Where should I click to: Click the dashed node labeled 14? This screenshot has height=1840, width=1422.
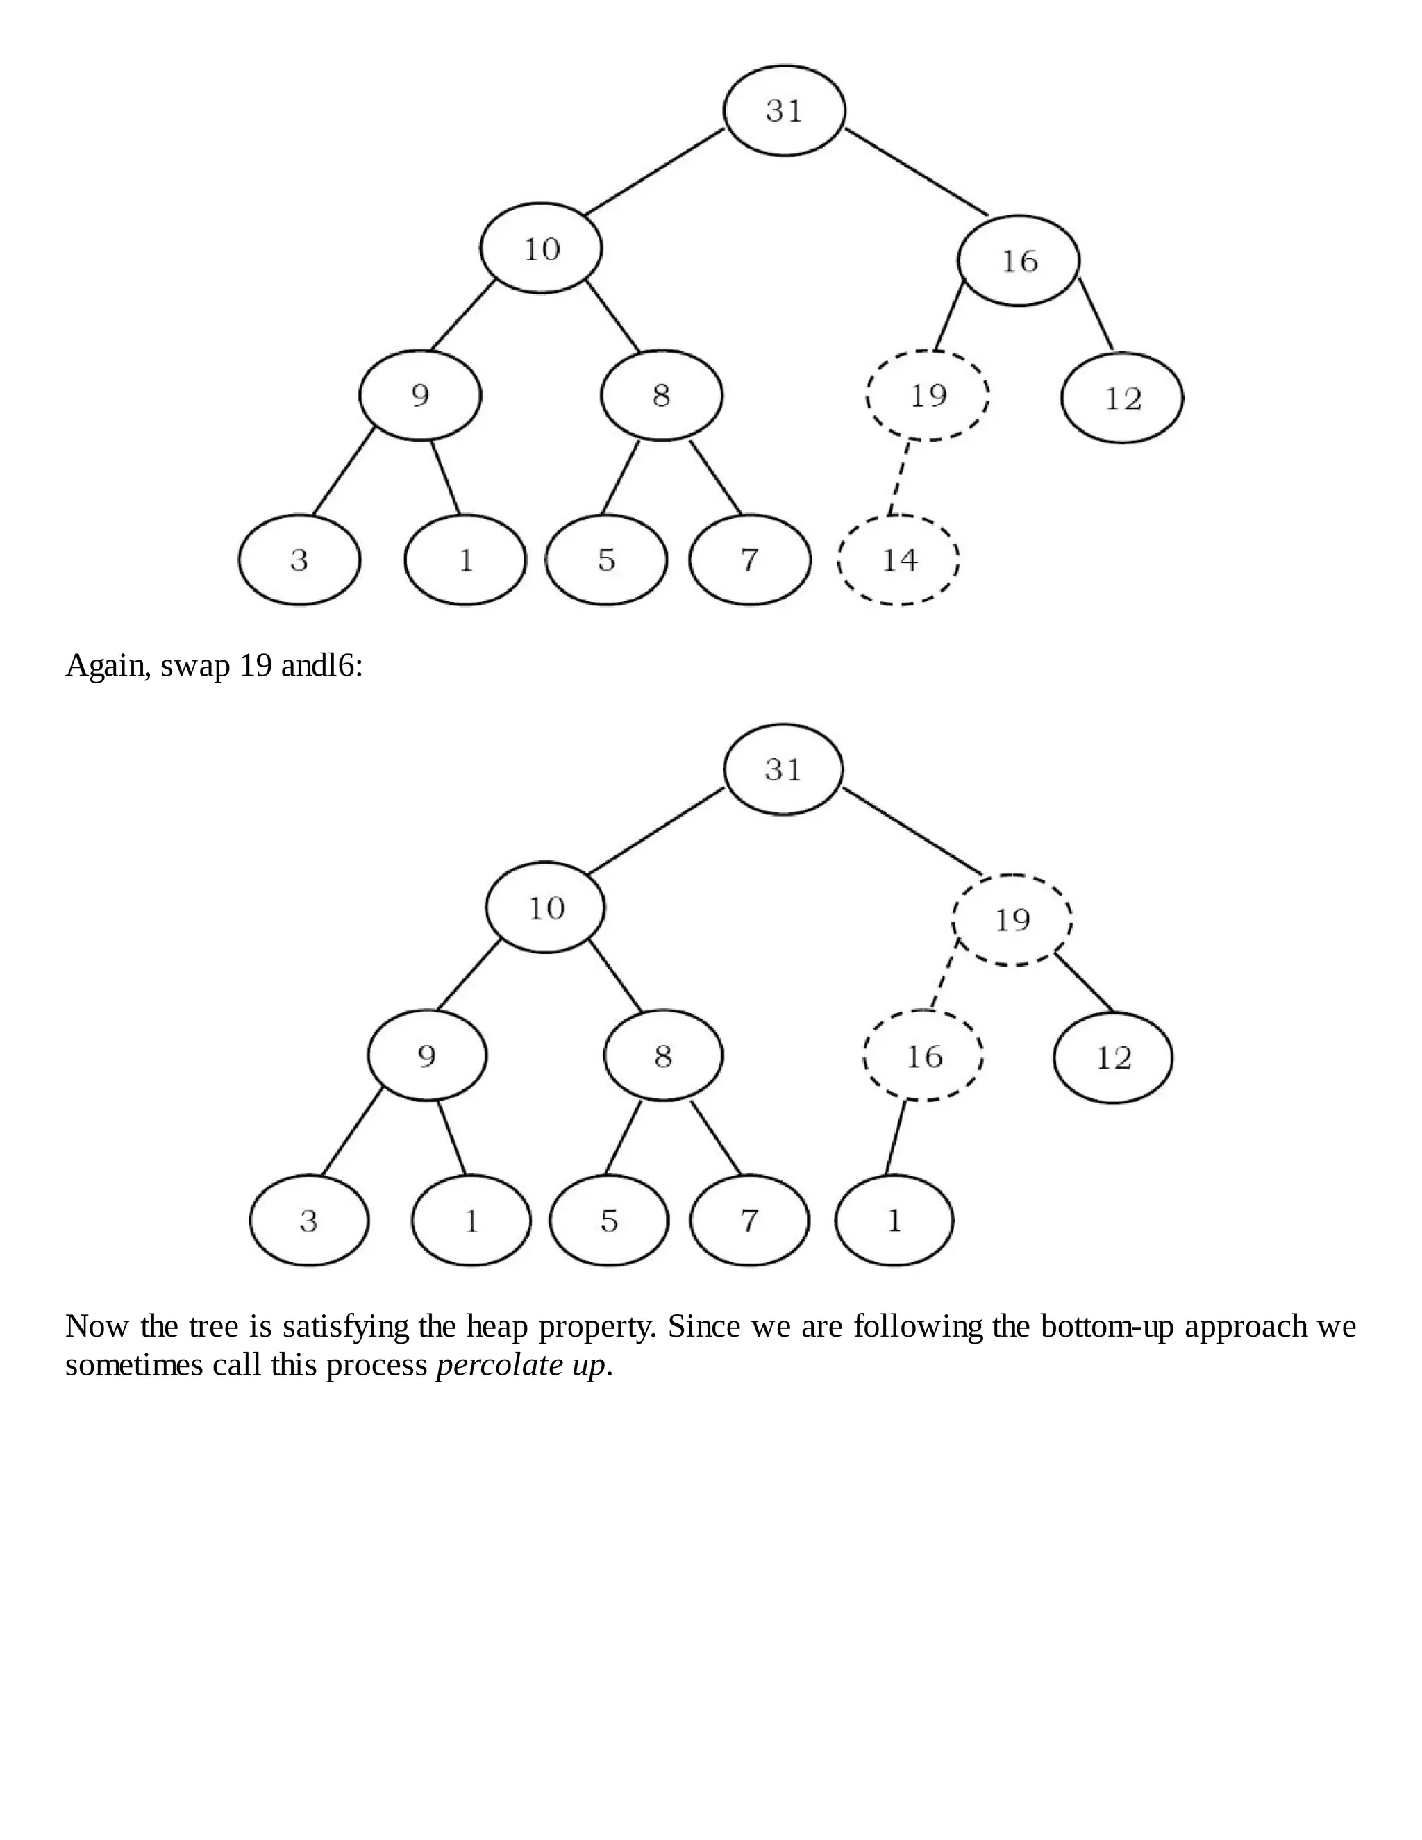pyautogui.click(x=898, y=560)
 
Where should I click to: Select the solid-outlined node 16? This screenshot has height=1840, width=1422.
pyautogui.click(x=1019, y=261)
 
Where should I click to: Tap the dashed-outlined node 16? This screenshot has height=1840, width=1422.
pyautogui.click(x=923, y=1055)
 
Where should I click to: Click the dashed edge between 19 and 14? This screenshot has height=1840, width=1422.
pyautogui.click(x=899, y=478)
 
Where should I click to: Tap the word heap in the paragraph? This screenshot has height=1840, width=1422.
pyautogui.click(x=498, y=1326)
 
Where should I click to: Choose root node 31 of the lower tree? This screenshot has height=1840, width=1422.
pyautogui.click(x=783, y=769)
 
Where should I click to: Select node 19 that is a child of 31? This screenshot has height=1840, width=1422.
pyautogui.click(x=1012, y=919)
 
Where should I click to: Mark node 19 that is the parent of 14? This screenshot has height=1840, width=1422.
pyautogui.click(x=928, y=395)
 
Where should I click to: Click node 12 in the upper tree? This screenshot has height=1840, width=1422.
pyautogui.click(x=1122, y=398)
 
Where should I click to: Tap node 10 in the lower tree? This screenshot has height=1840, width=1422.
pyautogui.click(x=546, y=908)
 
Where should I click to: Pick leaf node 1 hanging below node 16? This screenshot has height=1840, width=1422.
pyautogui.click(x=894, y=1220)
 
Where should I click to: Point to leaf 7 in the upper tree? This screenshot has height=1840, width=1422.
pyautogui.click(x=750, y=560)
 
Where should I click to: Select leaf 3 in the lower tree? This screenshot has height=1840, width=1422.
pyautogui.click(x=309, y=1220)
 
